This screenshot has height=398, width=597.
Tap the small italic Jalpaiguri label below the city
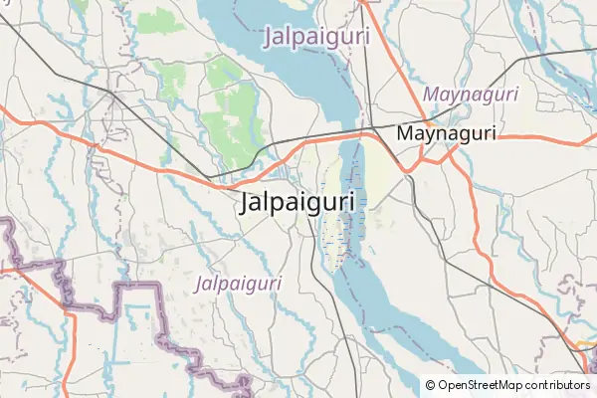pyautogui.click(x=239, y=284)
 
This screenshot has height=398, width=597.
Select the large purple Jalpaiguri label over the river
pyautogui.click(x=317, y=37)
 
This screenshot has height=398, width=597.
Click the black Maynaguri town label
pyautogui.click(x=445, y=132)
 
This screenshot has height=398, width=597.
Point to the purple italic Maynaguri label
pyautogui.click(x=471, y=94)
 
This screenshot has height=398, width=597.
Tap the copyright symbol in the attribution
pyautogui.click(x=430, y=384)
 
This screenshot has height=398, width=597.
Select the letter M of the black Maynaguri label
pyautogui.click(x=404, y=132)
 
